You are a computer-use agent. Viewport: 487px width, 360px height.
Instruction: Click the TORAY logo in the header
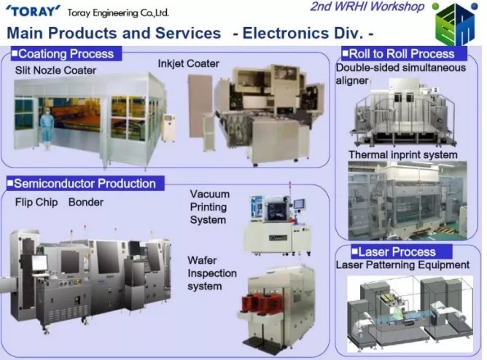point(32,12)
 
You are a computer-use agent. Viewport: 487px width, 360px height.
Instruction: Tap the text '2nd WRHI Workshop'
point(367,7)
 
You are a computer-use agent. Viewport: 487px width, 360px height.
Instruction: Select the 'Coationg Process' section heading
point(66,54)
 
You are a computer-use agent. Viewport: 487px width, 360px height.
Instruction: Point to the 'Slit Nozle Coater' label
point(55,70)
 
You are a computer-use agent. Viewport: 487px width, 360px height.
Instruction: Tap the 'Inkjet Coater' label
point(188,63)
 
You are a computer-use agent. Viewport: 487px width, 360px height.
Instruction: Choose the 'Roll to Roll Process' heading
point(402,54)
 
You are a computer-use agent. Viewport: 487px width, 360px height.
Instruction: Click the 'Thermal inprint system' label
point(403,154)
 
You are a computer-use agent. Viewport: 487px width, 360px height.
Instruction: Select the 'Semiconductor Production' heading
point(85,184)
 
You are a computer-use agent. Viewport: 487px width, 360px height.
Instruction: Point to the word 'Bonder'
point(86,202)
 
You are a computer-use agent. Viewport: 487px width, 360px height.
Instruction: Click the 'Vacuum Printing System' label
point(210,207)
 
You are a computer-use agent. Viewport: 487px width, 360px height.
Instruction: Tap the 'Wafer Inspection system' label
point(212,273)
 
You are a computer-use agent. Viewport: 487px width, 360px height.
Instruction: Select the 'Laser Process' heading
point(397,251)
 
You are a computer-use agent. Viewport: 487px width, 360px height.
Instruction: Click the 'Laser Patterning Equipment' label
point(402,265)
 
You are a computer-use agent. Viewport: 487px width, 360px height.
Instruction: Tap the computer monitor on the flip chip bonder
point(39,262)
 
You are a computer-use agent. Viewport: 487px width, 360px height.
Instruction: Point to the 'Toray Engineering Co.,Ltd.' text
point(118,12)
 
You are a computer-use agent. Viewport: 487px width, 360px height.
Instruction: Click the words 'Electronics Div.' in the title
point(303,33)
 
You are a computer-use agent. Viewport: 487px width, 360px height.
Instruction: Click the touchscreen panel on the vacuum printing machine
point(300,204)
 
